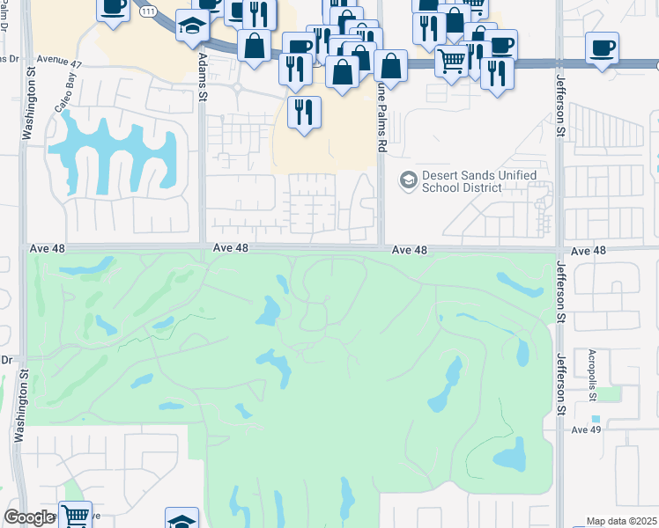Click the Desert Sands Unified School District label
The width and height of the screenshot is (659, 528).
tap(479, 181)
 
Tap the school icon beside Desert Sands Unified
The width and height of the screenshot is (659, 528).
tap(408, 180)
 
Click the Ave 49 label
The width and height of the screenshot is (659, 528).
tap(585, 429)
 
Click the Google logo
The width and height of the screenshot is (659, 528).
tap(29, 517)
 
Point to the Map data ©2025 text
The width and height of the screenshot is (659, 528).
tap(622, 521)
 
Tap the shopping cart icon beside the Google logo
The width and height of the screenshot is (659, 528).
tap(76, 516)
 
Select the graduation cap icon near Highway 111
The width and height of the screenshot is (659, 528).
tap(191, 26)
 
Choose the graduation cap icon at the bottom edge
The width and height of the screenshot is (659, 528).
tap(181, 520)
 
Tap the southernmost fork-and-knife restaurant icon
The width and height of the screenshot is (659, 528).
tap(305, 112)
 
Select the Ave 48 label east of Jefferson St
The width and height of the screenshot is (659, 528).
tap(589, 251)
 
